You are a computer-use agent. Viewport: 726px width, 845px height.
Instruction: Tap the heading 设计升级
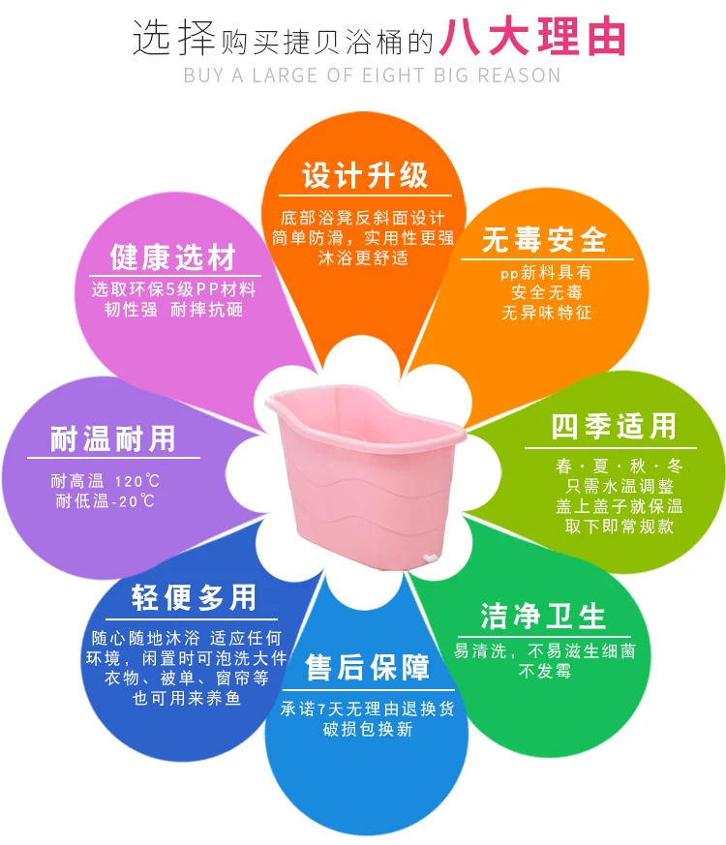click(365, 176)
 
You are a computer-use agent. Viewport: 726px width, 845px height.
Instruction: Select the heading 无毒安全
click(545, 239)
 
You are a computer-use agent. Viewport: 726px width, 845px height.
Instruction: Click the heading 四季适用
click(614, 426)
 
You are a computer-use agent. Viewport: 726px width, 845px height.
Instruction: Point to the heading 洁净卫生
click(543, 617)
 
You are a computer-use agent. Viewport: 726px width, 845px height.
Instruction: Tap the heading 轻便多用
click(195, 597)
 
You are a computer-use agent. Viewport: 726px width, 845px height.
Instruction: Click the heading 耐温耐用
click(113, 439)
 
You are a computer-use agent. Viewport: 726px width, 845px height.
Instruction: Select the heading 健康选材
click(173, 257)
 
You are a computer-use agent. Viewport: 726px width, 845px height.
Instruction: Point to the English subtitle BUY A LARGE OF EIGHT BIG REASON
click(372, 75)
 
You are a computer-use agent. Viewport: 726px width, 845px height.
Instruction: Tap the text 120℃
click(136, 481)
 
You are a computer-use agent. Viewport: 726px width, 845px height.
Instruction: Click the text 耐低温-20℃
click(105, 501)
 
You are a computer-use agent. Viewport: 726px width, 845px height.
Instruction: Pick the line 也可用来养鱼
click(187, 698)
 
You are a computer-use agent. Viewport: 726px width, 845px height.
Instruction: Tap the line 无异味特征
click(546, 313)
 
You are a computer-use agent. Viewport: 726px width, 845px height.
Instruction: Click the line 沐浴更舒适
click(363, 257)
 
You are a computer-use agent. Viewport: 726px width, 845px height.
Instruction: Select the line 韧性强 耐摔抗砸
click(174, 310)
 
